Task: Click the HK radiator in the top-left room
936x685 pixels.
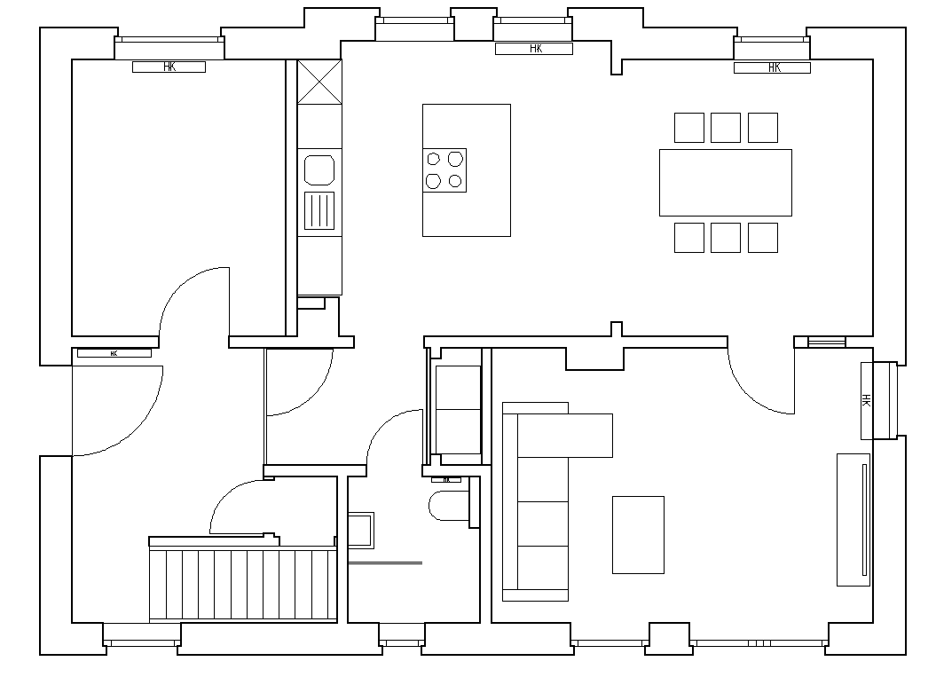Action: tap(169, 67)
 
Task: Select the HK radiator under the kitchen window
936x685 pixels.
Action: tap(534, 49)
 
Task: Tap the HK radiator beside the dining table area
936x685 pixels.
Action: tap(772, 67)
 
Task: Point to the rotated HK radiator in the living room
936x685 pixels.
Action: tap(866, 400)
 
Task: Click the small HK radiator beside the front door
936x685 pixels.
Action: tap(114, 353)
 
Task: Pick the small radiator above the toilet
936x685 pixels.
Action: tap(446, 479)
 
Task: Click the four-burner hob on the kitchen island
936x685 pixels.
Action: tap(444, 170)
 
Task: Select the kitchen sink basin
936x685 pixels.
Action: tap(319, 169)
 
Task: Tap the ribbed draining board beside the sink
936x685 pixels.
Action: tap(319, 211)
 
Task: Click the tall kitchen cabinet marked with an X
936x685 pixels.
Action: tap(319, 82)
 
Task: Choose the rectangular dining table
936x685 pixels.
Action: tap(725, 183)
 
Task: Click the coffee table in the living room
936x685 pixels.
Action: tap(638, 535)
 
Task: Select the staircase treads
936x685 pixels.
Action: tap(242, 584)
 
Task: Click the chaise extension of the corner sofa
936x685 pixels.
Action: tap(564, 435)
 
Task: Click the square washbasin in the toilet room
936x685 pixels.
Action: tap(362, 530)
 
